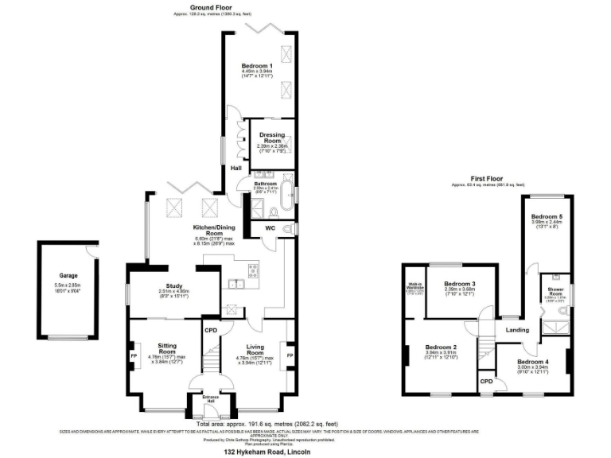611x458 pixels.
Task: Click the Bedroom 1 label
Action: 256,65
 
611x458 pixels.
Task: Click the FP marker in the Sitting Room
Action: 133,355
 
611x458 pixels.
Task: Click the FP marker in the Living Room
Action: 290,355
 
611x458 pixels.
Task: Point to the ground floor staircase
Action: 210,355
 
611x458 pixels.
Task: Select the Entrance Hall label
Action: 210,398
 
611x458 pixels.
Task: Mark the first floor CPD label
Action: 485,381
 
